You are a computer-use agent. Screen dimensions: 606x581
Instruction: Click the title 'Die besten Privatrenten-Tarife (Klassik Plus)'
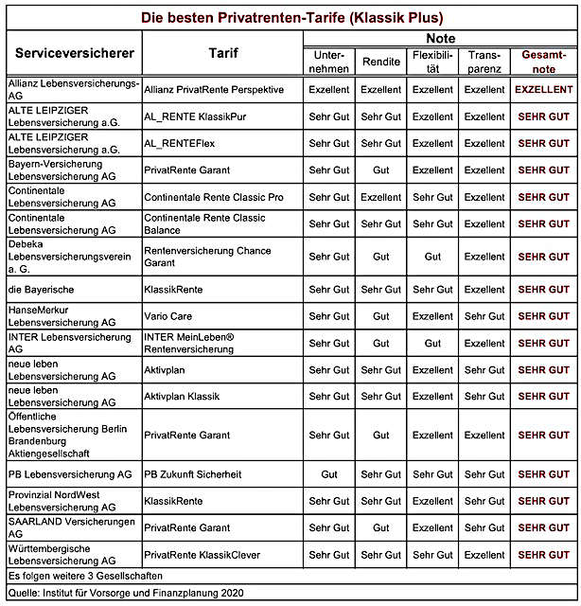point(291,18)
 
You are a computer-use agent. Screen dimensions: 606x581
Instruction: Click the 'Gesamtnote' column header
point(543,62)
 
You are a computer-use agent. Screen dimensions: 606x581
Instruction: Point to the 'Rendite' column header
point(380,62)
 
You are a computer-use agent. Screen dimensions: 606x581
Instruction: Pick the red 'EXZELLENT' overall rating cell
point(543,90)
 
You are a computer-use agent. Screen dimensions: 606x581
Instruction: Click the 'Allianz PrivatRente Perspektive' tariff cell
point(215,90)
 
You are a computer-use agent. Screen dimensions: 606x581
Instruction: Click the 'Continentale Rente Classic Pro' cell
point(213,197)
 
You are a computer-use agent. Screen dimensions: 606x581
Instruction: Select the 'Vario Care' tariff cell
point(169,316)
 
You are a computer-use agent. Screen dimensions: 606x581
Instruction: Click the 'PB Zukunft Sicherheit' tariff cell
point(192,473)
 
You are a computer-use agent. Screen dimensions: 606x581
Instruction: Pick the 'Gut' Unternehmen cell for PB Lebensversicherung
point(328,473)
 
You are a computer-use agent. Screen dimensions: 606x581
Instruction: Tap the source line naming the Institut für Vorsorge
point(125,593)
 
